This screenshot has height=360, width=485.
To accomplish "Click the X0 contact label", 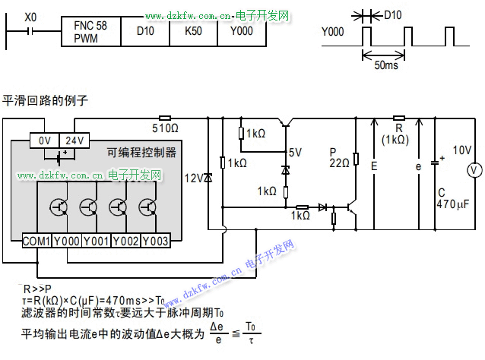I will click(30, 16).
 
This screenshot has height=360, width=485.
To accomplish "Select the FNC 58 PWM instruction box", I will click(90, 32).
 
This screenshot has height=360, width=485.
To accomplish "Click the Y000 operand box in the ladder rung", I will click(242, 32).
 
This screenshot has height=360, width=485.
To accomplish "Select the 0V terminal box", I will click(44, 141).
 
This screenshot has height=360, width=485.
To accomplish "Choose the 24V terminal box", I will click(74, 141).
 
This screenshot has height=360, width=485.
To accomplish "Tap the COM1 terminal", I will click(36, 241).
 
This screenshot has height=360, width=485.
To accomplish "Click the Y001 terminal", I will click(96, 241).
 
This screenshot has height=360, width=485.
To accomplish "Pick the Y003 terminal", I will click(155, 241).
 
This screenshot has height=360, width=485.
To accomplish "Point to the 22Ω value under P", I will click(339, 162).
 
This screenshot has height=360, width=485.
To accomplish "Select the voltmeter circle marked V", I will click(473, 171).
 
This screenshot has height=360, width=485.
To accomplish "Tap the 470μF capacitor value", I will click(455, 204).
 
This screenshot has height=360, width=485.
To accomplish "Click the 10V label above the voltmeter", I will click(462, 150).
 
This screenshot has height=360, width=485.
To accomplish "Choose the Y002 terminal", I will click(125, 241).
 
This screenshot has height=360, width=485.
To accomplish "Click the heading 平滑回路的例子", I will click(46, 99).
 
